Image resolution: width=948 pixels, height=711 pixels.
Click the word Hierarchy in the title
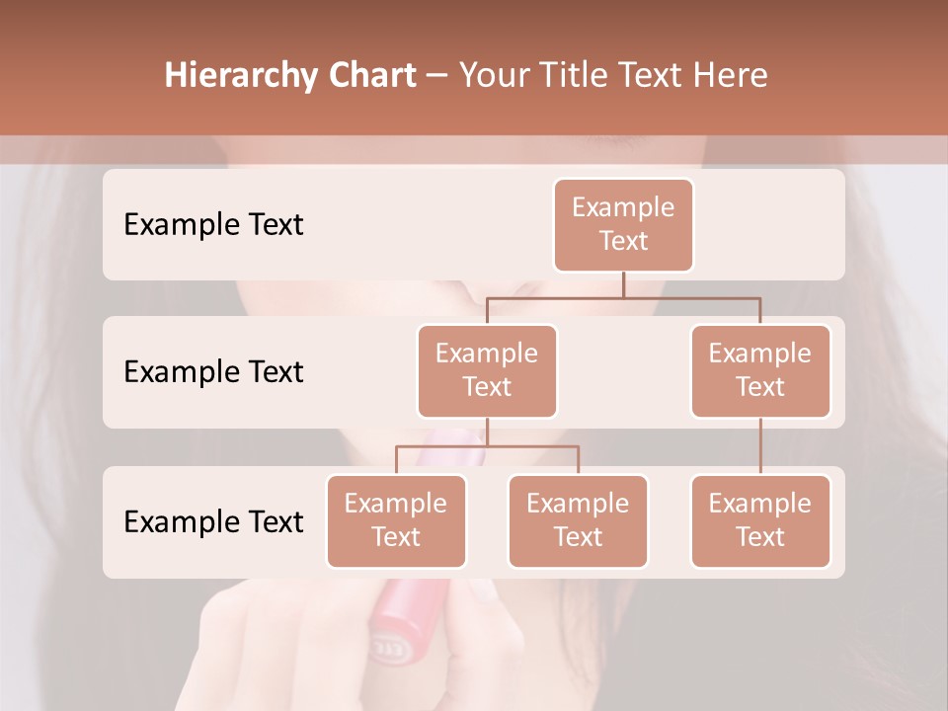[241, 76]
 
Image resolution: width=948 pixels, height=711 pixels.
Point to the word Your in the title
[494, 76]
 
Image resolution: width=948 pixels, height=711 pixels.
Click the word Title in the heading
[577, 76]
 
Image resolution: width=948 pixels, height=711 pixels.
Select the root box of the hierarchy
[623, 224]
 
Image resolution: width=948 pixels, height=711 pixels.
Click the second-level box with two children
[487, 370]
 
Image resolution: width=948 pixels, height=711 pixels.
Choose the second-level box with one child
[760, 370]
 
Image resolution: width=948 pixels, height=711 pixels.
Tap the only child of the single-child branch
[760, 520]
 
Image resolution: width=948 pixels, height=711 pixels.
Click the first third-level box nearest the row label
[396, 520]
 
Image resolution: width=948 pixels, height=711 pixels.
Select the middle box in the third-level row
[578, 520]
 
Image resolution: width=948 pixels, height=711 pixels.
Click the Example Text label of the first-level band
[213, 225]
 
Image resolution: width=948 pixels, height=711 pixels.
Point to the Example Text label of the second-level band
[213, 372]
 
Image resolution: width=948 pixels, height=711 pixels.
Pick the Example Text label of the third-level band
[213, 521]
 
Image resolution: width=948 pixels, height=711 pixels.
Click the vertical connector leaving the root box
[623, 284]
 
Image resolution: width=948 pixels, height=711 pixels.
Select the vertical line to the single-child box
[760, 446]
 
